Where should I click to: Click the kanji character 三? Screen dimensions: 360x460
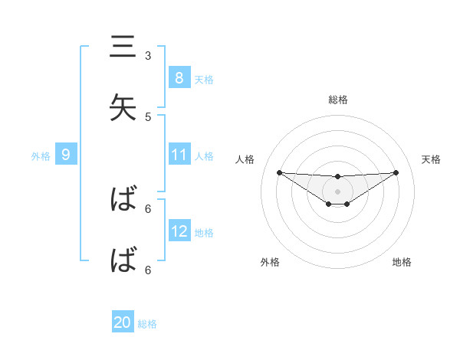tap(122, 47)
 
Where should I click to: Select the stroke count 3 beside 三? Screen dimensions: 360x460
tap(148, 56)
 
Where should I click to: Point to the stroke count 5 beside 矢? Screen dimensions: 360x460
tap(148, 117)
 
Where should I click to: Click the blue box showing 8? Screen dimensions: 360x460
tap(179, 77)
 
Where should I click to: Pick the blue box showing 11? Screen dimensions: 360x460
tap(179, 155)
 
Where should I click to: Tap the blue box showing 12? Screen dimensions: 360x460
tap(179, 231)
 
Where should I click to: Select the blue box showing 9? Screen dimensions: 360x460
tap(66, 155)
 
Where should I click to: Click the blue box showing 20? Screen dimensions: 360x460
tap(122, 322)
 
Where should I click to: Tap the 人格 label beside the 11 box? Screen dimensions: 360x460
tap(204, 155)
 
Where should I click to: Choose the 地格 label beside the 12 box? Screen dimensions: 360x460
tap(204, 232)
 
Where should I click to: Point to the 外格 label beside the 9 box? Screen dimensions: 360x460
tap(41, 155)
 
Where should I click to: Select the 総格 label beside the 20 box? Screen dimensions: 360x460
tap(147, 324)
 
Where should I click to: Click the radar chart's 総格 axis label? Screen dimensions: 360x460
tap(337, 100)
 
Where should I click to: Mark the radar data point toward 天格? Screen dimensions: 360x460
tap(396, 172)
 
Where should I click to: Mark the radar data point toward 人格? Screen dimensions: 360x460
tap(279, 172)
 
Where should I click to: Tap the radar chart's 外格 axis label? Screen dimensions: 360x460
tap(270, 262)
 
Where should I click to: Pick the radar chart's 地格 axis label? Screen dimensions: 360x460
tap(402, 262)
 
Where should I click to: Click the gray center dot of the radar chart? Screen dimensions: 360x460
tap(337, 191)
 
